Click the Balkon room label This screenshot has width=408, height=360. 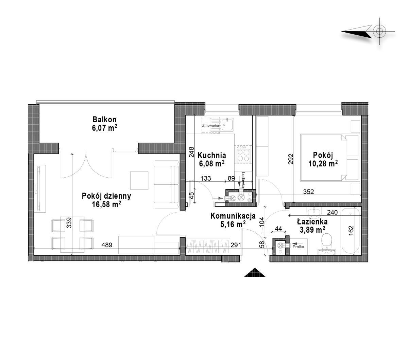[104, 119]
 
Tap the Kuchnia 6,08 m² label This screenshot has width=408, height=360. [212, 159]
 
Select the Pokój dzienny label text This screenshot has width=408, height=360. [106, 196]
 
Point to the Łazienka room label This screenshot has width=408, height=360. [312, 221]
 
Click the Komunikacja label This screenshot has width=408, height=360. [233, 216]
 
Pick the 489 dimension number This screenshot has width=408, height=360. [107, 245]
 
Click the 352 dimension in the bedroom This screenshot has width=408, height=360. [308, 192]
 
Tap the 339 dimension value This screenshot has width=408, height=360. [69, 222]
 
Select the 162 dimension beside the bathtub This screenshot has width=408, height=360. [351, 231]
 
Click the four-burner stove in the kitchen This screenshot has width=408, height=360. [244, 154]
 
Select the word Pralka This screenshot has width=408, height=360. [298, 247]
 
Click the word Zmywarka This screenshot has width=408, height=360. [211, 125]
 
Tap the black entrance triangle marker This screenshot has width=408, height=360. [255, 272]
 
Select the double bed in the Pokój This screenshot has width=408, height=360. [330, 158]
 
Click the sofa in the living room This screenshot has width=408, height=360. [167, 184]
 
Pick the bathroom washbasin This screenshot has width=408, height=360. [313, 212]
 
